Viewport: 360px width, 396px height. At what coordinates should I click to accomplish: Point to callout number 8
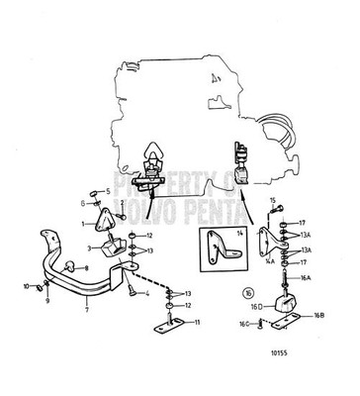[87, 268]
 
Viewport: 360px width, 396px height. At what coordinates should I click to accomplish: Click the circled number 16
[247, 294]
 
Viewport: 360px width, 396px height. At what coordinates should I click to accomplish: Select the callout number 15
[272, 201]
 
